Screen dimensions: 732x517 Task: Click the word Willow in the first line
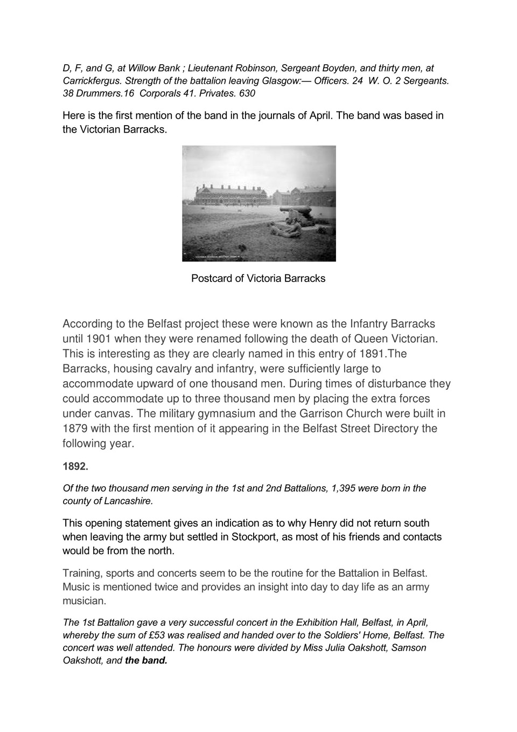tap(141, 68)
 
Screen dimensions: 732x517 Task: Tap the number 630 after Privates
tap(247, 93)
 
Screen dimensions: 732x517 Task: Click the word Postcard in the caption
tap(212, 279)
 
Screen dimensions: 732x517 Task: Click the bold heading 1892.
tap(75, 466)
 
